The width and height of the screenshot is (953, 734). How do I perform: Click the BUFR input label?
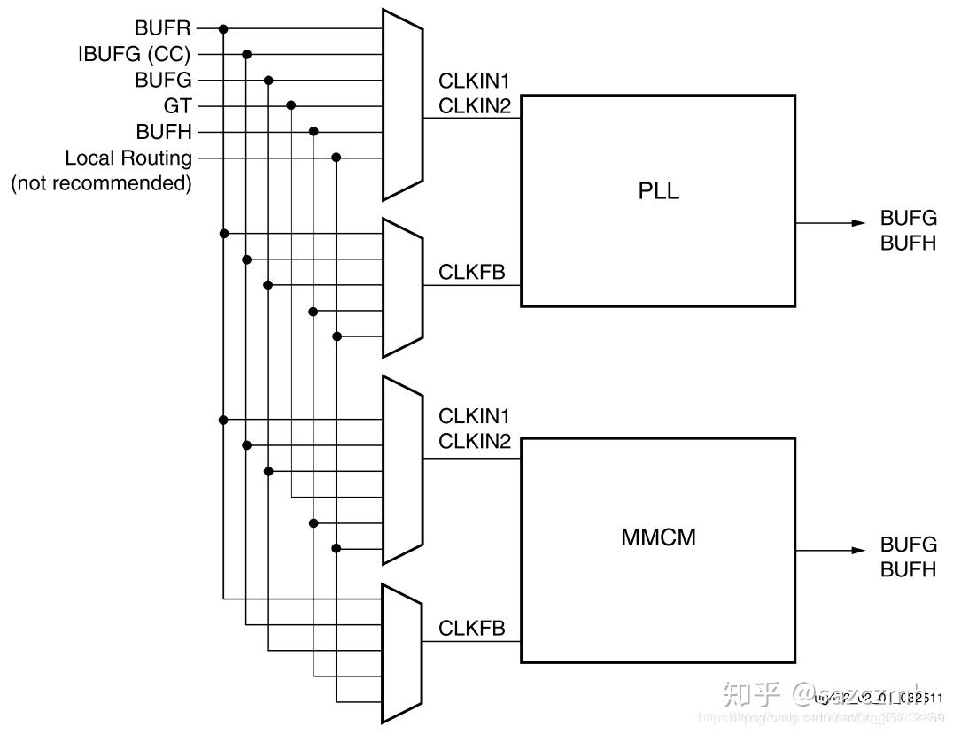tap(162, 28)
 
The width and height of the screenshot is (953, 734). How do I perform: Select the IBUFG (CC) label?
tap(134, 55)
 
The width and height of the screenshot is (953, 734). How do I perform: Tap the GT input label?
tap(177, 106)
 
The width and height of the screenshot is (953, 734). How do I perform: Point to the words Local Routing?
tap(128, 158)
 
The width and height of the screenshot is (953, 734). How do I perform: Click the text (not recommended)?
tap(101, 183)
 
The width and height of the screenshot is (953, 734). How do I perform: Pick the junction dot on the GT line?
tap(291, 105)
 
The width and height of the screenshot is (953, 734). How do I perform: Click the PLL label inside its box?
tap(658, 191)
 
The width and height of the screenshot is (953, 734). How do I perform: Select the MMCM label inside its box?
tap(658, 537)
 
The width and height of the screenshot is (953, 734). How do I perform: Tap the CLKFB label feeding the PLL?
tap(472, 272)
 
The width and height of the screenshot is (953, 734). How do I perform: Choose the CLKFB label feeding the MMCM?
tap(472, 628)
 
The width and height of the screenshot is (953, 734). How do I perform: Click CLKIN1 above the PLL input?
tap(475, 81)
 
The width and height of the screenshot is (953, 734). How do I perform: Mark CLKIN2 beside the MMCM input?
tap(475, 441)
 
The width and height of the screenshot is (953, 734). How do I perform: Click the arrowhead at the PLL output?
tap(858, 223)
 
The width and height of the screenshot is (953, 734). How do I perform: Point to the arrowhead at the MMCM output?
tap(858, 550)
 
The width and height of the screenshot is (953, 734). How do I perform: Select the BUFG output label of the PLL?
tap(908, 218)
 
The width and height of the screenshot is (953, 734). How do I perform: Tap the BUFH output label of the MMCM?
tap(908, 569)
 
